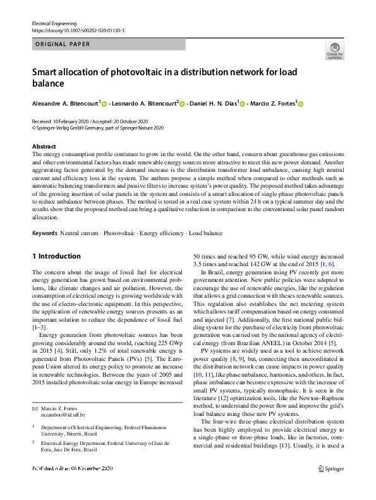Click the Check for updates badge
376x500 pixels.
coord(334,51)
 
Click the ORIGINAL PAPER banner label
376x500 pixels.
coord(63,44)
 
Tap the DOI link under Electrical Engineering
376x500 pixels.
coord(78,30)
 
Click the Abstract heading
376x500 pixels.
coord(44,146)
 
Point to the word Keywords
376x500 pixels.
coord(45,234)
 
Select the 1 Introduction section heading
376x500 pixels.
coord(56,256)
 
